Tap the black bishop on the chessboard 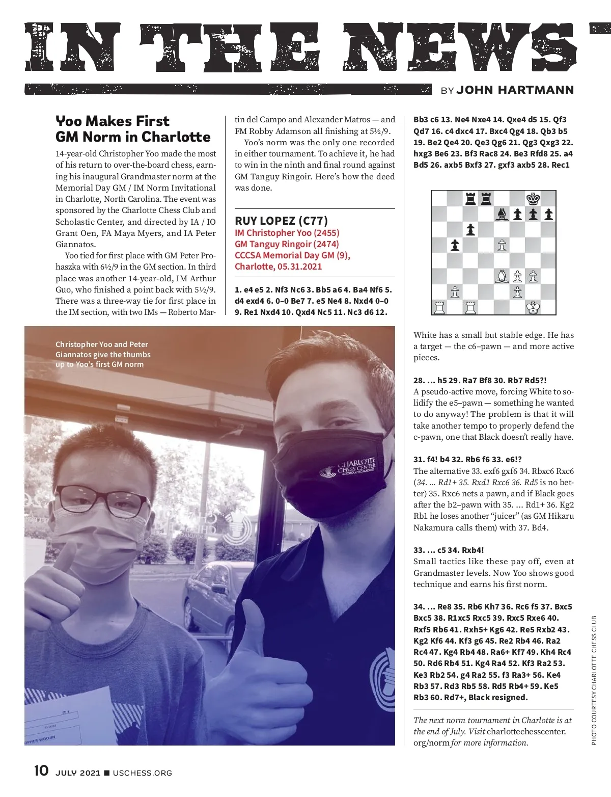(502, 215)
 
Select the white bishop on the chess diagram (502, 277)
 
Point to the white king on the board (533, 308)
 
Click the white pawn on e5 (502, 246)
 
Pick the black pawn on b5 (455, 246)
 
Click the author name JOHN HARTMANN (515, 90)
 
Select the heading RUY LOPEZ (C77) (281, 221)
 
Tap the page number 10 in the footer (41, 771)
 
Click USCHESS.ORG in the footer (142, 773)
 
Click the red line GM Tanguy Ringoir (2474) (287, 244)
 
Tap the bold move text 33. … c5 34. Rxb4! (449, 550)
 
